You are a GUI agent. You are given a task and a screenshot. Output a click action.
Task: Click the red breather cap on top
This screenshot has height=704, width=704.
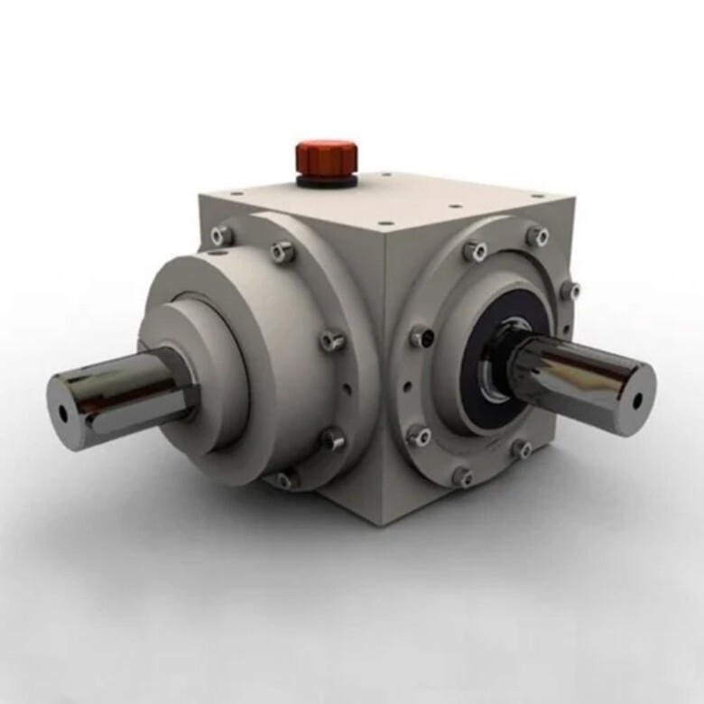326,157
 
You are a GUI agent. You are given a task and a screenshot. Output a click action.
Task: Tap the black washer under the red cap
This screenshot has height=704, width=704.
326,180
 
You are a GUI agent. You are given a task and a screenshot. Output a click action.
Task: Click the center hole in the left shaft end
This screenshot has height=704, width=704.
62,412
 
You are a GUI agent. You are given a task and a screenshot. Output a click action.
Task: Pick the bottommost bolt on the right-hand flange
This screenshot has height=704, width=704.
462,475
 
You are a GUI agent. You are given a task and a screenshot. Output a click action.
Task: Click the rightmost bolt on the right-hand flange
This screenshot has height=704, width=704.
570,291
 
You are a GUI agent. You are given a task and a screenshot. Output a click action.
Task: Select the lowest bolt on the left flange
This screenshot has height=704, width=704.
286,479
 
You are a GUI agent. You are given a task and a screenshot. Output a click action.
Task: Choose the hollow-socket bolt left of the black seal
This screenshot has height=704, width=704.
421,338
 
